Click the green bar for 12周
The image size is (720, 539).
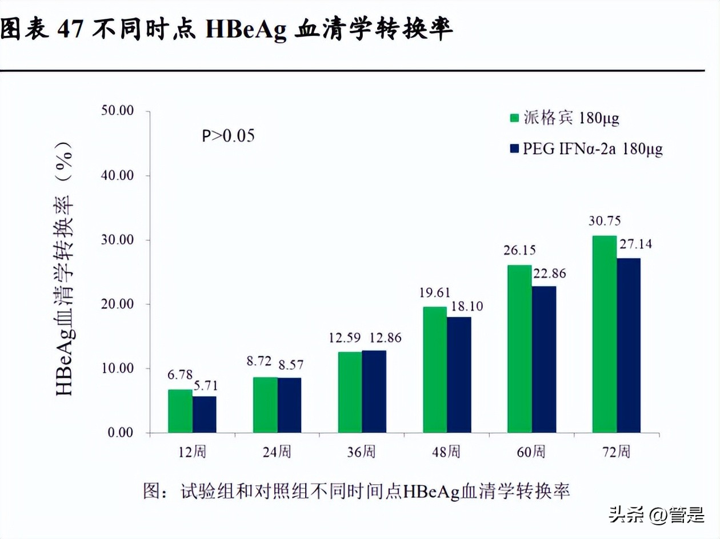tap(180, 411)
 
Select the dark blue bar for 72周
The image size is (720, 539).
tap(629, 345)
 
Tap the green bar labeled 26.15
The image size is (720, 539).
tap(519, 349)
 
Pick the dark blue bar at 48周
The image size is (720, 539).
tap(459, 375)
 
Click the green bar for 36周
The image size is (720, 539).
tap(350, 392)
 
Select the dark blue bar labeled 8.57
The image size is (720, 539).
tap(289, 405)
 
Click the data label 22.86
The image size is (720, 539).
tap(549, 273)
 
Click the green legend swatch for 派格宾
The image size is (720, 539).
tap(514, 118)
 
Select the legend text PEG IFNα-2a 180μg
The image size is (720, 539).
tap(593, 149)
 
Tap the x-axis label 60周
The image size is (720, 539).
tap(531, 452)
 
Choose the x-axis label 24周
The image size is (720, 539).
tap(277, 452)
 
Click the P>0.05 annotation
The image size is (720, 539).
tap(227, 136)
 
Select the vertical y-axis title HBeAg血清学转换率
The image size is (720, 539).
tap(65, 268)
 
